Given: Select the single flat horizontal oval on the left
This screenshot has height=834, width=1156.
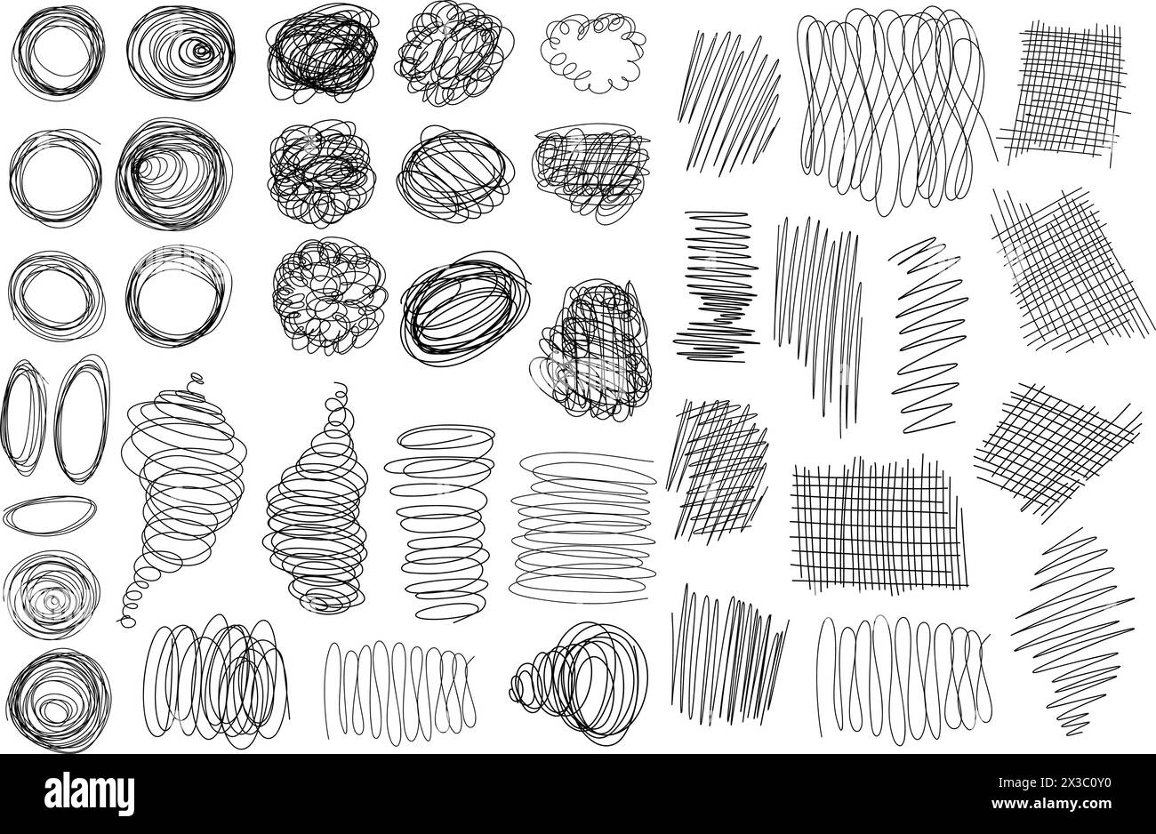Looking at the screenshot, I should pyautogui.click(x=50, y=513).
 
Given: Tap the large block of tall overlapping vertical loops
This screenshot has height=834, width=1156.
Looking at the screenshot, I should pyautogui.click(x=894, y=111).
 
